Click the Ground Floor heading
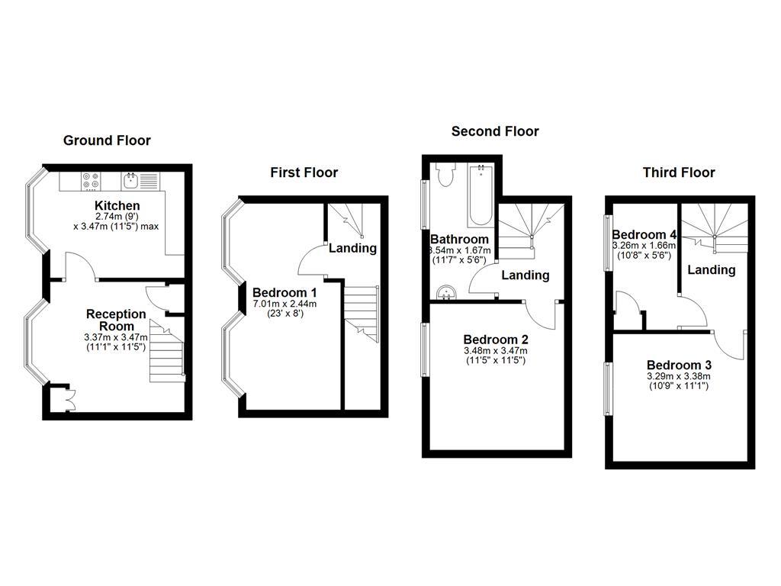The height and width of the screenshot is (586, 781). pyautogui.click(x=107, y=140)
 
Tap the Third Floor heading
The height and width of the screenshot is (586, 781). pyautogui.click(x=679, y=172)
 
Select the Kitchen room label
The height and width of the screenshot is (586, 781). pyautogui.click(x=117, y=206)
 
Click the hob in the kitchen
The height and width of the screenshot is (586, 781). pyautogui.click(x=91, y=181)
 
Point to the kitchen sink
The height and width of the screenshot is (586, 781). pyautogui.click(x=131, y=181)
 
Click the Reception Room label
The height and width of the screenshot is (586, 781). pyautogui.click(x=116, y=320)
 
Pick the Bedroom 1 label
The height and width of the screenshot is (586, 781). pyautogui.click(x=284, y=292)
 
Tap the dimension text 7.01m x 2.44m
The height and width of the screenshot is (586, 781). pyautogui.click(x=284, y=303)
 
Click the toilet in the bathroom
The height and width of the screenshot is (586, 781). pyautogui.click(x=446, y=175)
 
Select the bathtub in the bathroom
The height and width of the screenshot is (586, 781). pyautogui.click(x=480, y=195)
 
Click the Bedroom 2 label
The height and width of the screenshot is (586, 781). pyautogui.click(x=496, y=340)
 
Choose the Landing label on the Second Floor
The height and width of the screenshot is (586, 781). pyautogui.click(x=525, y=275)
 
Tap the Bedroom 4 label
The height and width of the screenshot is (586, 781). pyautogui.click(x=644, y=234)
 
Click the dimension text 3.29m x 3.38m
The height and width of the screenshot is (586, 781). pyautogui.click(x=679, y=376)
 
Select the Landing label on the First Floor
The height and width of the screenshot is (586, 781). pyautogui.click(x=352, y=248)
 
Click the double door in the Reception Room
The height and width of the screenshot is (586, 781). pyautogui.click(x=67, y=398)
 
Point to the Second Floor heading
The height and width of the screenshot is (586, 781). pyautogui.click(x=495, y=131)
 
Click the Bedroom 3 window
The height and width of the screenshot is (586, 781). pyautogui.click(x=609, y=388)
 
